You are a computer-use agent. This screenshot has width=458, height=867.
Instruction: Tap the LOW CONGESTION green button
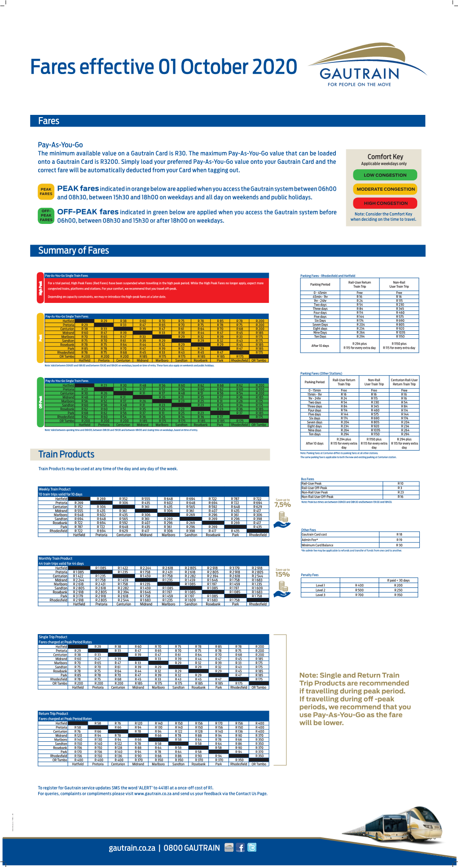(385, 175)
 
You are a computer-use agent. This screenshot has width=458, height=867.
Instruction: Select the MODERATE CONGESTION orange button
(385, 189)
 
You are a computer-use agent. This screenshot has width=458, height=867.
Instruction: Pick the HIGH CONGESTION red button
(385, 203)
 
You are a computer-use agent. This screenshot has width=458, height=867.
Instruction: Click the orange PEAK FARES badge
(46, 192)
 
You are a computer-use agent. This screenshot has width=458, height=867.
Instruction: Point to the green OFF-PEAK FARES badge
(46, 215)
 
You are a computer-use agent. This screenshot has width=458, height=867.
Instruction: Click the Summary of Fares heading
(74, 250)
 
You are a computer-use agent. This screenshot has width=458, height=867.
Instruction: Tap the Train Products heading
(66, 454)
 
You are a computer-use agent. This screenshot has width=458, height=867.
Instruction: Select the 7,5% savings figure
(282, 505)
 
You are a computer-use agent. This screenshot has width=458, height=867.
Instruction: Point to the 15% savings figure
(282, 574)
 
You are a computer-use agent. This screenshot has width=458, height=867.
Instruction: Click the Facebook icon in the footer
(241, 848)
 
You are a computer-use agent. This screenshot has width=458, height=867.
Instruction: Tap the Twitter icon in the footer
(252, 848)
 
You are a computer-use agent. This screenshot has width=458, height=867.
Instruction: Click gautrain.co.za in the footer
(132, 848)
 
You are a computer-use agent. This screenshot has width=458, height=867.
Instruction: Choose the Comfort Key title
(385, 157)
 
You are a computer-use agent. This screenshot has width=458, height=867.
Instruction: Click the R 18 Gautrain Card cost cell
(399, 534)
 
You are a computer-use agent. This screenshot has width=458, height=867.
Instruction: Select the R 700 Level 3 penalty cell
(359, 595)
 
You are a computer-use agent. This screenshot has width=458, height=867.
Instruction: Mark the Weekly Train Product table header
(55, 489)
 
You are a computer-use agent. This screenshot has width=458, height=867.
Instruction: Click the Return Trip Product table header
(53, 714)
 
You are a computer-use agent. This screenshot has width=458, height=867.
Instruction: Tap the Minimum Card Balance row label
(317, 545)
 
